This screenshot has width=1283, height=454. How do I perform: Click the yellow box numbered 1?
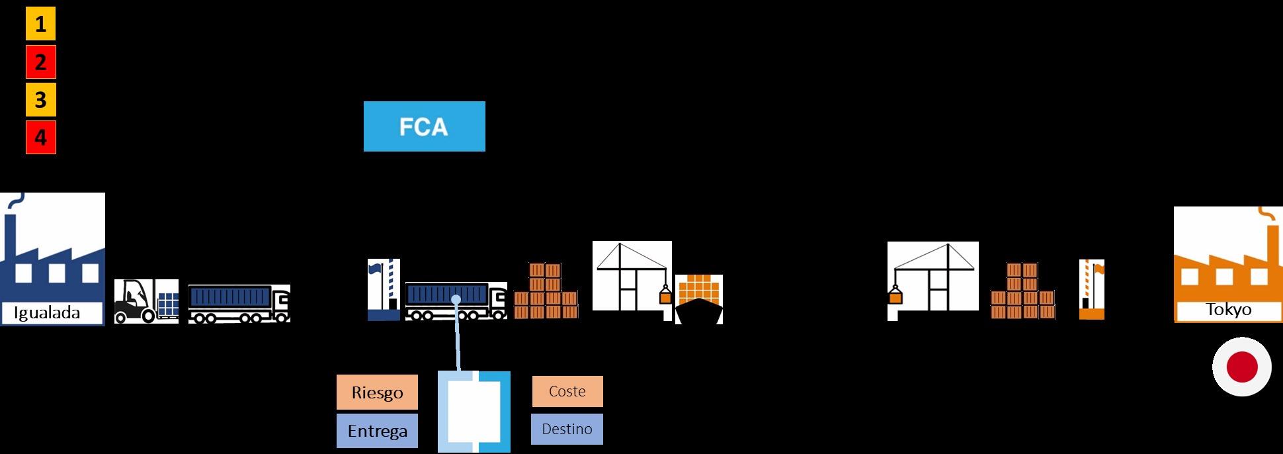(x=40, y=24)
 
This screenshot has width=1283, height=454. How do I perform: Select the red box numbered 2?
(x=40, y=62)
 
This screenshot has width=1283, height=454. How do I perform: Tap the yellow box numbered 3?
(x=40, y=100)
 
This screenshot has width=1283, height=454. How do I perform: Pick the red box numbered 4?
(x=40, y=138)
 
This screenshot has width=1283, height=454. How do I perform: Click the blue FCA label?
(x=424, y=126)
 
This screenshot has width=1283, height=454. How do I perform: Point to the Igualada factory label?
(x=47, y=313)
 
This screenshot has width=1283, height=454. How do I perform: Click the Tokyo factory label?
(x=1228, y=310)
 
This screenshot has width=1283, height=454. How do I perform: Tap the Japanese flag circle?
(x=1241, y=367)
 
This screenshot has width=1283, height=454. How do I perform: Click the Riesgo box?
(x=377, y=392)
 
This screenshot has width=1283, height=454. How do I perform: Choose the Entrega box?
(x=377, y=431)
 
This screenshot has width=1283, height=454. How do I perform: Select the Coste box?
(x=567, y=391)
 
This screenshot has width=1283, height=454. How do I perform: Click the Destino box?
(x=567, y=429)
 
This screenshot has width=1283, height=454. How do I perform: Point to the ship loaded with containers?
(x=698, y=300)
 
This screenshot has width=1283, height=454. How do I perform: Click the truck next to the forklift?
(x=239, y=304)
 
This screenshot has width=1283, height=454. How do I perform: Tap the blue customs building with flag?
(x=384, y=291)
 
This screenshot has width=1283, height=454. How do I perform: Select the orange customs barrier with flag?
(x=1091, y=290)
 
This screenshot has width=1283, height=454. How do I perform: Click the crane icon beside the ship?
(x=632, y=275)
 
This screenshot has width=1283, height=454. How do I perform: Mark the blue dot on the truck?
(x=456, y=300)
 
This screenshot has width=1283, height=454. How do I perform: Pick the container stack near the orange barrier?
(x=1022, y=292)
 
